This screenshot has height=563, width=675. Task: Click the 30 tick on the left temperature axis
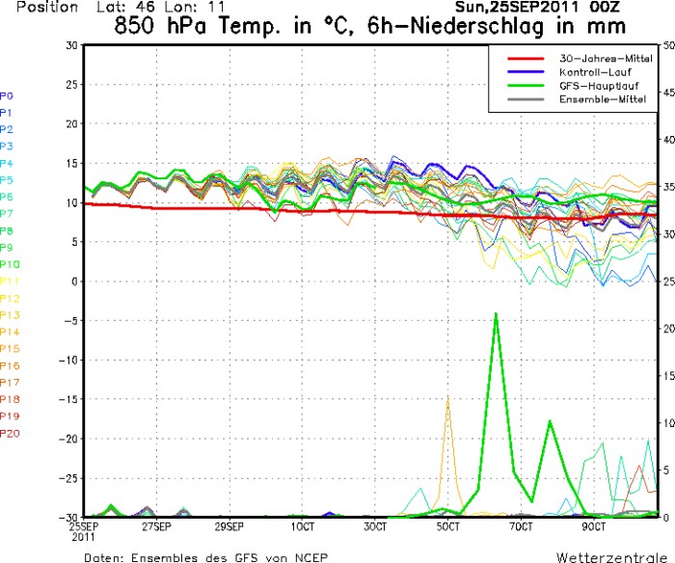(x=71, y=45)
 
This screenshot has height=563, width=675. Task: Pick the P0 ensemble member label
(x=7, y=95)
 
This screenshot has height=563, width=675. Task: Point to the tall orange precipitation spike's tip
(x=447, y=396)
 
